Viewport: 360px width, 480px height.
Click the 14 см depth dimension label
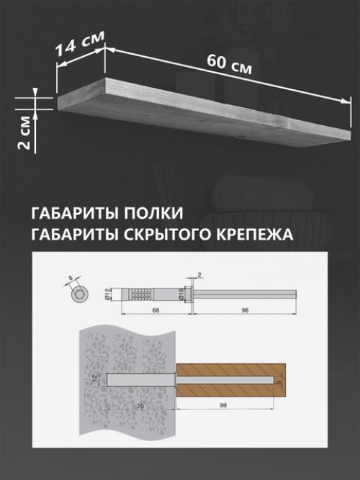coord(78,45)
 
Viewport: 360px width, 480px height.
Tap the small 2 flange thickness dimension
coord(199,274)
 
